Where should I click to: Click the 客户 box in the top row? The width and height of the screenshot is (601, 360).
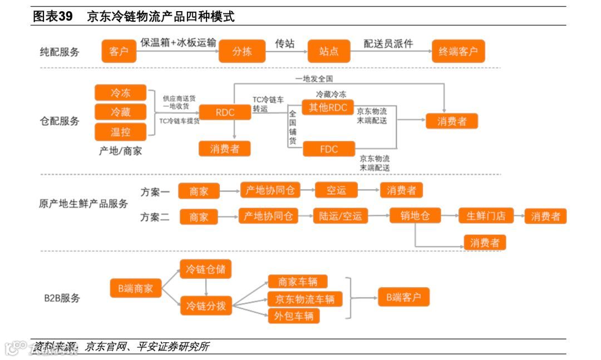click(x=119, y=51)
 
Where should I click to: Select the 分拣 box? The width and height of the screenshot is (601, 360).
click(x=242, y=51)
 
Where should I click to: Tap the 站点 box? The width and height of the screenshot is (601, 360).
click(x=329, y=51)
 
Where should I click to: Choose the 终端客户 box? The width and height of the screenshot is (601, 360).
click(x=458, y=51)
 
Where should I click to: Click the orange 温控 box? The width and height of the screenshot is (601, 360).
click(x=120, y=132)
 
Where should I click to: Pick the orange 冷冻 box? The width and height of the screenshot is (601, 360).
click(x=120, y=93)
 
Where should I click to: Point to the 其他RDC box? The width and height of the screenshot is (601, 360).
click(x=328, y=107)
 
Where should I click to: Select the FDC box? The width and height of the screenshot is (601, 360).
click(x=328, y=149)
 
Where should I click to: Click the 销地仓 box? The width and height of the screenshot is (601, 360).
click(x=415, y=215)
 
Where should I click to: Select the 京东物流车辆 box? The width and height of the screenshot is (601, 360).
click(x=304, y=299)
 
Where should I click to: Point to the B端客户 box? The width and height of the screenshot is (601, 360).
click(x=403, y=297)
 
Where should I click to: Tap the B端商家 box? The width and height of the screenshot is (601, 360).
click(x=135, y=288)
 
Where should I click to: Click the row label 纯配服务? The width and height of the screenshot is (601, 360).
click(x=60, y=52)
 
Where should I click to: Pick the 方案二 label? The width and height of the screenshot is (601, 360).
click(x=155, y=217)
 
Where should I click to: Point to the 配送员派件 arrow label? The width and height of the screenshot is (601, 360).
click(x=388, y=43)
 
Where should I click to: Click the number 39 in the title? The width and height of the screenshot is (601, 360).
click(x=66, y=16)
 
